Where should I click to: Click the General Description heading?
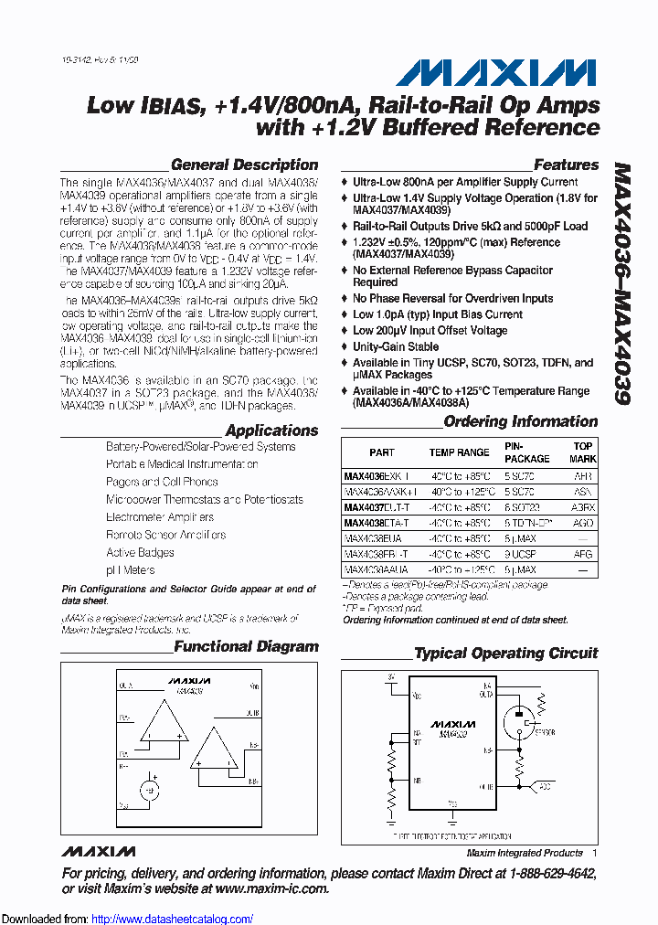244,165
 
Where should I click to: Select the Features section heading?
566,165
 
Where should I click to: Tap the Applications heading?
271,431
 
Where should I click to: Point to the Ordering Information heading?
520,422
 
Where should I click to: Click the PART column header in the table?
382,452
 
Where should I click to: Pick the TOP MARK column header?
582,452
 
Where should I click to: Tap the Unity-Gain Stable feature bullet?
396,347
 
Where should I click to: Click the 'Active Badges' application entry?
140,553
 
